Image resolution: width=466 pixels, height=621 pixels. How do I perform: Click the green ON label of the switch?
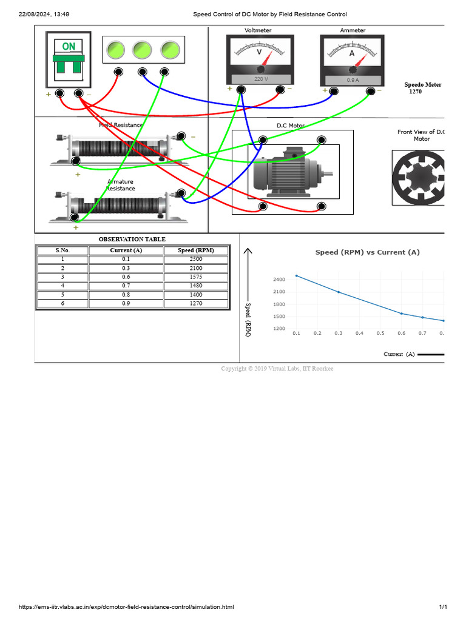[x=69, y=46]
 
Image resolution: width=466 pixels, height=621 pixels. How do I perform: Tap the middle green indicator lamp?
[x=143, y=50]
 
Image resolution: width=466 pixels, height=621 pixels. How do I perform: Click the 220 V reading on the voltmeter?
[x=260, y=79]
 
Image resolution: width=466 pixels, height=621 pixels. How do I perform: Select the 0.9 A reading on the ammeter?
[x=353, y=80]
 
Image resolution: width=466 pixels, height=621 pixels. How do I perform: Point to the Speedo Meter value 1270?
[x=415, y=92]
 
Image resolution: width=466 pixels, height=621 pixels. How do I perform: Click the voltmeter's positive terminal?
[x=241, y=90]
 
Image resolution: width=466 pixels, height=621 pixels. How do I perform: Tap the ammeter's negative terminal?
[x=371, y=91]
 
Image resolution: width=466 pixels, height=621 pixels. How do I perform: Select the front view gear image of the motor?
[x=419, y=176]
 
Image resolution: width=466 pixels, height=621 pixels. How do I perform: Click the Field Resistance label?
[x=121, y=125]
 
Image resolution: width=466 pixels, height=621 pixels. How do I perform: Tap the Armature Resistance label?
[x=121, y=185]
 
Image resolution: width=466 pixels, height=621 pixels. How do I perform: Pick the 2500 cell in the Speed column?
[x=196, y=259]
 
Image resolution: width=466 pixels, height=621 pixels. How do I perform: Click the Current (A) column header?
[x=126, y=250]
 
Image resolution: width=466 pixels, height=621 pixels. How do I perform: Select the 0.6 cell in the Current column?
[x=126, y=277]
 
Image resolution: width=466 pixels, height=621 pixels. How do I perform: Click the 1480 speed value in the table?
[x=196, y=286]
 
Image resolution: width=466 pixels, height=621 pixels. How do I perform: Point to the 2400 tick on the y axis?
[x=279, y=280]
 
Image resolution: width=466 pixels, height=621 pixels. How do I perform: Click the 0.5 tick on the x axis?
[x=380, y=333]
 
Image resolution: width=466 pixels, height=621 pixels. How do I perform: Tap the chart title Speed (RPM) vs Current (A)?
[x=367, y=252]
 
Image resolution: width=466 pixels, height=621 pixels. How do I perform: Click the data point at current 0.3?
[x=339, y=292]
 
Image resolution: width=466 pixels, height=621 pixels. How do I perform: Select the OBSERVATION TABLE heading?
[x=132, y=239]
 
